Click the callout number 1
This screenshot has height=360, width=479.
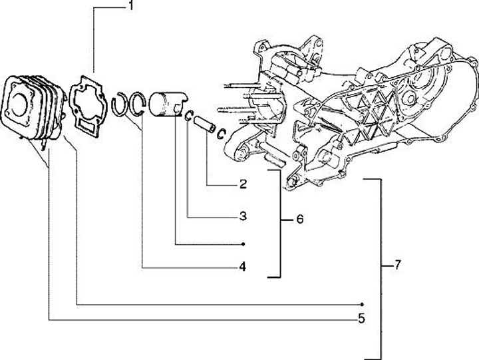[x=131, y=7]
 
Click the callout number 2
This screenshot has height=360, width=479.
[x=243, y=184]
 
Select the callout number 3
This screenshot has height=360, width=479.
[x=243, y=216]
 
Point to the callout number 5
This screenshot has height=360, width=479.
[x=362, y=318]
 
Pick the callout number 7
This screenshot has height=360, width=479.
[x=397, y=265]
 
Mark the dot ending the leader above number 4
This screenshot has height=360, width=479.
[x=243, y=244]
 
